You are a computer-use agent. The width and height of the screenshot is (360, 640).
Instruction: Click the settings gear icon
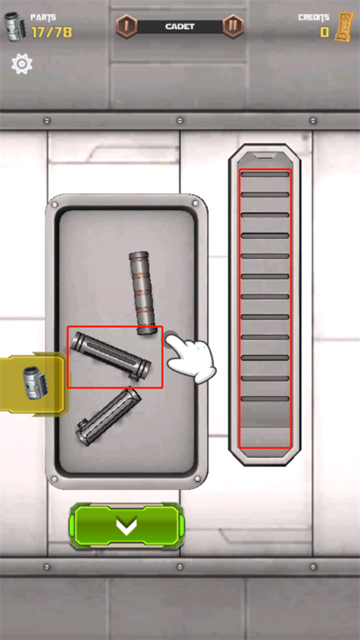click(22, 64)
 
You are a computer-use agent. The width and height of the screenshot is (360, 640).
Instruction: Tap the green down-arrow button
click(126, 526)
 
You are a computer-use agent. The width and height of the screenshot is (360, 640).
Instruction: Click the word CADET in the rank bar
click(180, 26)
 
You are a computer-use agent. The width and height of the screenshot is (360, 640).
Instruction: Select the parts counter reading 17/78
click(52, 31)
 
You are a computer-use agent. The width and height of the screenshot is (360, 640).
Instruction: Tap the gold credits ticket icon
click(344, 26)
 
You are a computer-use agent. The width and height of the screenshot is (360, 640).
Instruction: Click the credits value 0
click(325, 31)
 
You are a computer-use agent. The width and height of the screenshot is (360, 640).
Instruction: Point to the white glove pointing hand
click(190, 358)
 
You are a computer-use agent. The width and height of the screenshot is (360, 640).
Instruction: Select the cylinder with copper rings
click(142, 293)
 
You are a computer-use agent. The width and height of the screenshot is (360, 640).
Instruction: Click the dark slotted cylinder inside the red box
click(111, 356)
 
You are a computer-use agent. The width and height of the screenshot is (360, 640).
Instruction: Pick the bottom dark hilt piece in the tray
click(108, 417)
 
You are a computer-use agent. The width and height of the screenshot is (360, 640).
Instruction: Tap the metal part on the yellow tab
click(35, 382)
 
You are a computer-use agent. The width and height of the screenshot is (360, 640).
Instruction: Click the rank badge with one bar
click(127, 26)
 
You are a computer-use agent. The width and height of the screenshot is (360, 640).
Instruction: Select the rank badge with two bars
click(233, 26)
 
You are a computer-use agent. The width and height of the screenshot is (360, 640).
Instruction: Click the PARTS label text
click(43, 17)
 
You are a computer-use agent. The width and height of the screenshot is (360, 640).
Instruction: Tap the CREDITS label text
click(313, 17)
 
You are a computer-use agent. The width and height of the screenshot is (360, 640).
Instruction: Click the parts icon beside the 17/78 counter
click(16, 26)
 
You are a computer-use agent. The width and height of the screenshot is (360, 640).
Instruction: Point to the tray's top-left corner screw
click(55, 205)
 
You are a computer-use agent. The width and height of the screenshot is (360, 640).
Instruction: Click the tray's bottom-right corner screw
click(198, 478)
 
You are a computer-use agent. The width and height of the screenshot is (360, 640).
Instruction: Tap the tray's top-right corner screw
click(196, 203)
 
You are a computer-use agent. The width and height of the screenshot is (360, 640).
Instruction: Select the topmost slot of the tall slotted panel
click(265, 175)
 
